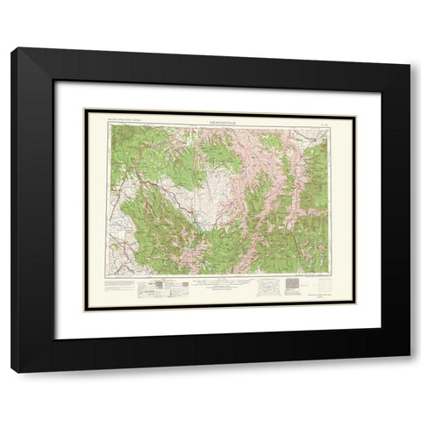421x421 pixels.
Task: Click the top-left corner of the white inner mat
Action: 54,82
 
